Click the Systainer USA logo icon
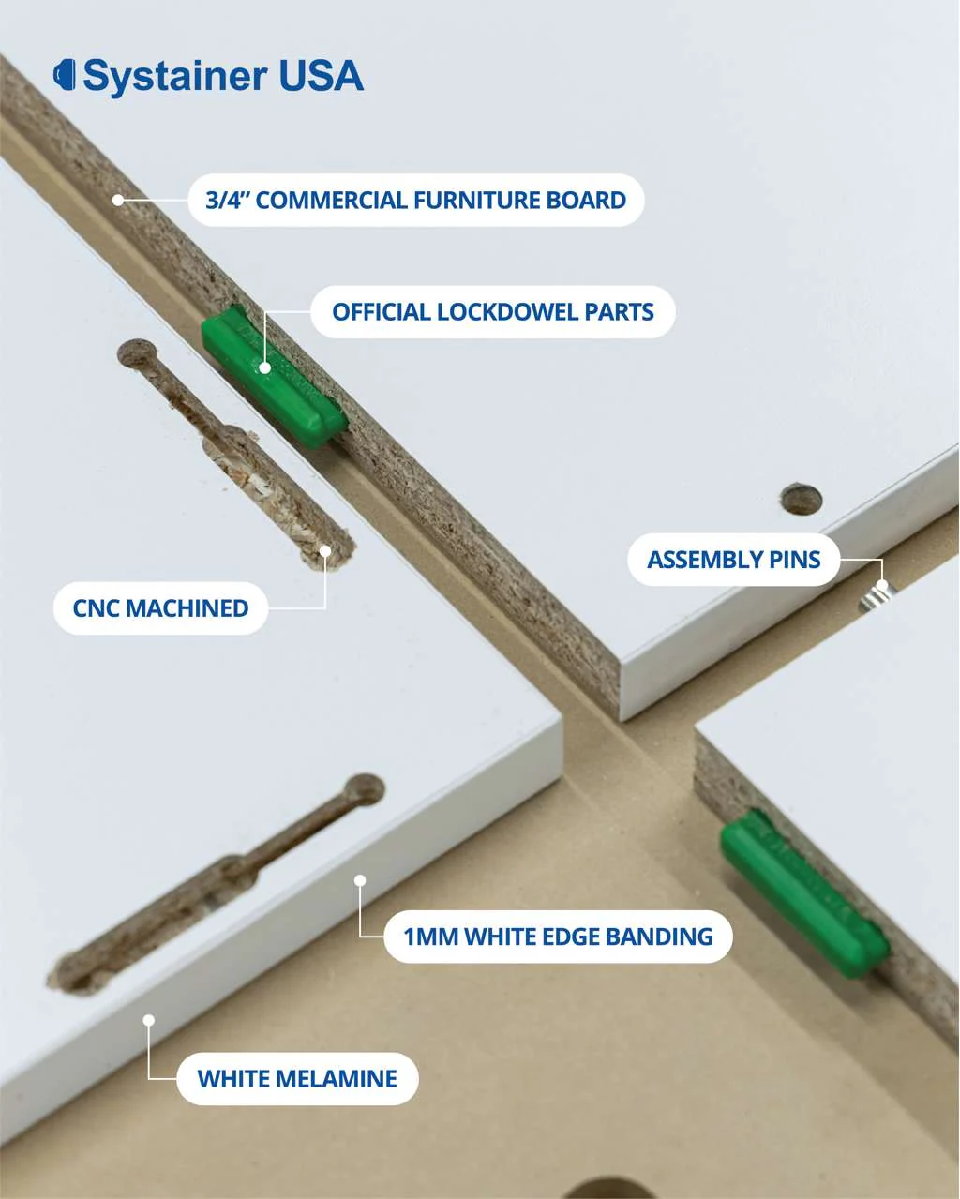click(64, 75)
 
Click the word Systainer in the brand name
click(175, 77)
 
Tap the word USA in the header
click(321, 75)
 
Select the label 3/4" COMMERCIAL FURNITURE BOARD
click(415, 200)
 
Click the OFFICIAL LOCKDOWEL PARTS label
click(493, 312)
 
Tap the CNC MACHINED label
click(160, 607)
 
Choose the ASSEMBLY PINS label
click(734, 560)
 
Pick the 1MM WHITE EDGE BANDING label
click(559, 937)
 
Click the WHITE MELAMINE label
click(297, 1079)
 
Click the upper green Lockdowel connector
click(272, 377)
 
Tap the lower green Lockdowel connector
click(804, 894)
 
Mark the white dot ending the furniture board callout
click(118, 200)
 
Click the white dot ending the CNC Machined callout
click(325, 551)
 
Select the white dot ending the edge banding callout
click(360, 880)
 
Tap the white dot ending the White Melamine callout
click(149, 1020)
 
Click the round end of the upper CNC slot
click(137, 352)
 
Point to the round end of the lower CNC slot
click(365, 789)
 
